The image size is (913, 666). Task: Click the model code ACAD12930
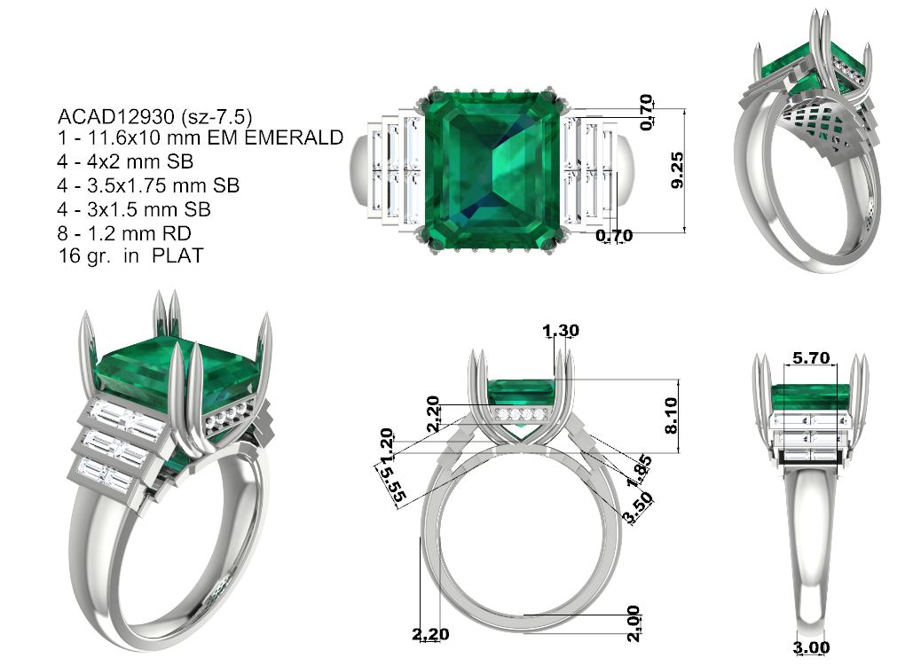tap(116, 116)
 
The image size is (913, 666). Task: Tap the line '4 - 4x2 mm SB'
tap(125, 161)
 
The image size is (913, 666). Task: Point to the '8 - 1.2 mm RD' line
tap(124, 233)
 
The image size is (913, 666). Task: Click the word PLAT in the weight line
tap(177, 255)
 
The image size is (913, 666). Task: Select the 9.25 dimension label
tap(677, 170)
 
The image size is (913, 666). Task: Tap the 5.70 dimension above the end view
tap(811, 357)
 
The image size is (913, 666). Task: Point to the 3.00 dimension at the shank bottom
tap(811, 647)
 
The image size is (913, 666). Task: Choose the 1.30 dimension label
tap(561, 331)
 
